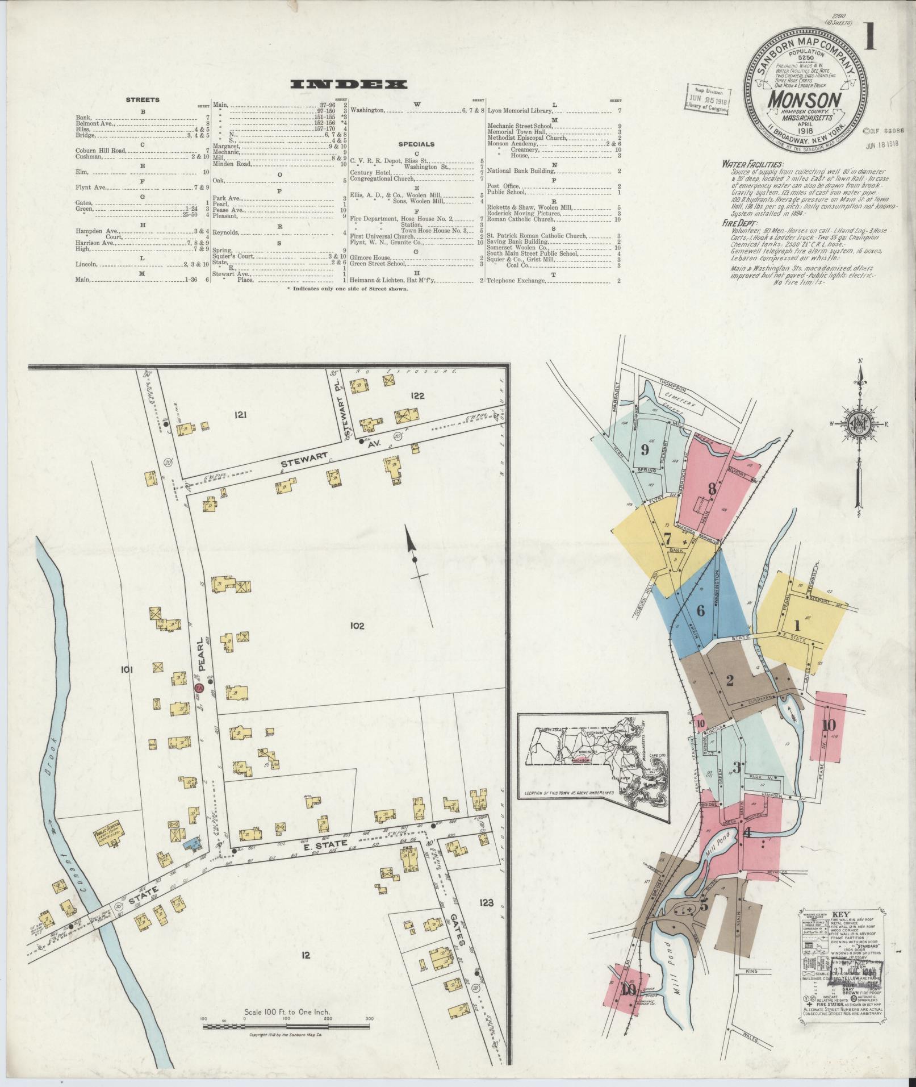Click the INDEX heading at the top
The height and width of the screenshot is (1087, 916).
pyautogui.click(x=349, y=85)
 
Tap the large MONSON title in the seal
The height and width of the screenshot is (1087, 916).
pyautogui.click(x=805, y=100)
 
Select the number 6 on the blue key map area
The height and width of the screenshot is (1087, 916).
pyautogui.click(x=700, y=611)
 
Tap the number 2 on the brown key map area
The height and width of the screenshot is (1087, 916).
pyautogui.click(x=730, y=681)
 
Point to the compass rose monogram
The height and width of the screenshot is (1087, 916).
pyautogui.click(x=860, y=423)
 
